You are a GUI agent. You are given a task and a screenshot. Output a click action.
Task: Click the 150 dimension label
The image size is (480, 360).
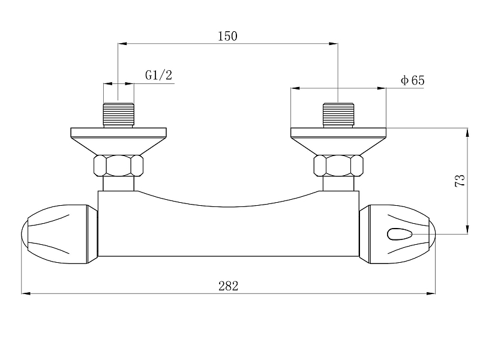pyautogui.click(x=227, y=36)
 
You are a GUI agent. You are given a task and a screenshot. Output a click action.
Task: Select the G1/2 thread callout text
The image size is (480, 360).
pyautogui.click(x=158, y=75)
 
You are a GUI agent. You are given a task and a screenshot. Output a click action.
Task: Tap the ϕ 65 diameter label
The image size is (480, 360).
pyautogui.click(x=413, y=80)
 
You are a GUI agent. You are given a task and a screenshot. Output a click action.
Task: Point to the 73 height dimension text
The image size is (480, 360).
pyautogui.click(x=460, y=181)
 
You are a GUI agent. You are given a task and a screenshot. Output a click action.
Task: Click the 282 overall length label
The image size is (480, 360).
pyautogui.click(x=229, y=286)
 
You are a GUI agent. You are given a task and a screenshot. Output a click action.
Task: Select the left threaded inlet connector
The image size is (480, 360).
pyautogui.click(x=118, y=115)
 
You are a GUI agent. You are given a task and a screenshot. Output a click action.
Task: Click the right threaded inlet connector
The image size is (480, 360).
pyautogui.click(x=338, y=115)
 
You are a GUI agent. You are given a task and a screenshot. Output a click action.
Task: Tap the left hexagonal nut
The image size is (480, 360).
pyautogui.click(x=118, y=166)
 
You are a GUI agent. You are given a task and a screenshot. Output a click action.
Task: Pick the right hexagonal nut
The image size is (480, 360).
pyautogui.click(x=338, y=166)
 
